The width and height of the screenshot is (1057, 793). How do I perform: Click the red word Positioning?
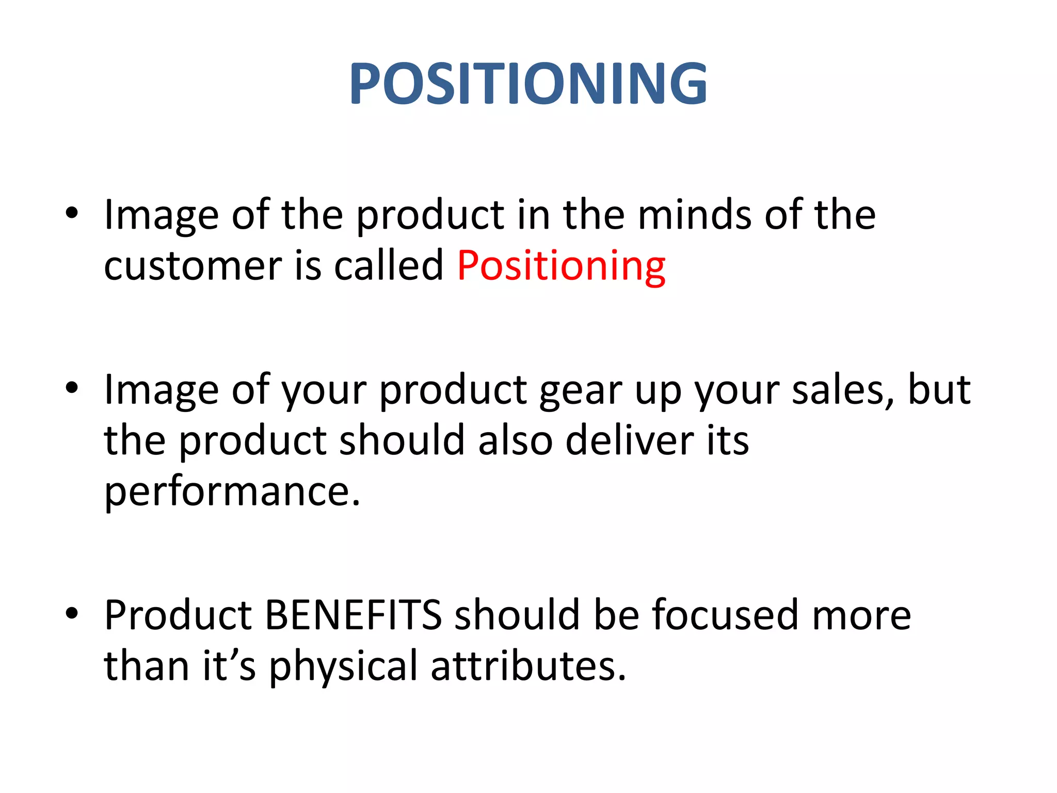[561, 266]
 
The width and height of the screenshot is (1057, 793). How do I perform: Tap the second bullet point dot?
[72, 387]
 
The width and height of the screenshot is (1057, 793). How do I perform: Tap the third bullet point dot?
[72, 613]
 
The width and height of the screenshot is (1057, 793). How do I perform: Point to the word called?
[389, 265]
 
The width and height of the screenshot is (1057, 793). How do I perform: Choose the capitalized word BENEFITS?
[353, 615]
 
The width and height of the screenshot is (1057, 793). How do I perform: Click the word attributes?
[528, 666]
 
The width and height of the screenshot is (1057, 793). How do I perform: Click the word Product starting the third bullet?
[178, 615]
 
